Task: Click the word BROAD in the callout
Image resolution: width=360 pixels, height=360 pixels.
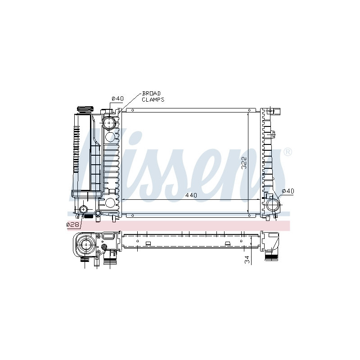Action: [x=151, y=94]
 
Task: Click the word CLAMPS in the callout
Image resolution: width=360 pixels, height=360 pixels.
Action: [x=153, y=99]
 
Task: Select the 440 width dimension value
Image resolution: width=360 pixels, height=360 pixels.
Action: [x=191, y=195]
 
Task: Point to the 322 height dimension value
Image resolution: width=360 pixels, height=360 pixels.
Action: [x=244, y=163]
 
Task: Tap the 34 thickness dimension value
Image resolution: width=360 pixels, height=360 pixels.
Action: [x=247, y=260]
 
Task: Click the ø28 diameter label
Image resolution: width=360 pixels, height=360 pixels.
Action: [x=73, y=225]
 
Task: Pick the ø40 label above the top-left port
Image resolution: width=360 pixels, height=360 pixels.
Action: [x=118, y=99]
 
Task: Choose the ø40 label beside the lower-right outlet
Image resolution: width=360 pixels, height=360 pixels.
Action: [x=288, y=191]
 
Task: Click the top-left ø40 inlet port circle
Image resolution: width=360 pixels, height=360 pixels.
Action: [x=109, y=123]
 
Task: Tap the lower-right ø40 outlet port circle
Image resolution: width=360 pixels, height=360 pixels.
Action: [x=273, y=204]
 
